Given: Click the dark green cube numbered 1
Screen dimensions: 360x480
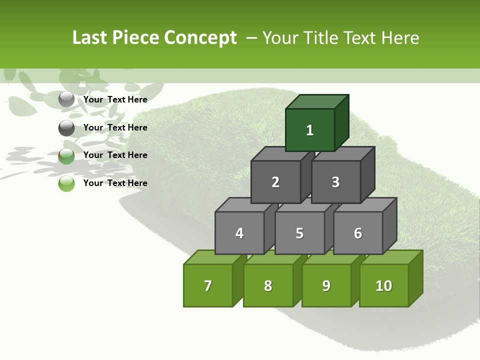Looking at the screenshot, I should click(310, 130).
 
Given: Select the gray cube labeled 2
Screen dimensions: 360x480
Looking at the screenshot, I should click(275, 182).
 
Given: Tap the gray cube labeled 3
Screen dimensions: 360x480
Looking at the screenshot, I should click(335, 182).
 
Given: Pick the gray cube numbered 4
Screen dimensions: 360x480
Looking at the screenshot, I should click(239, 233).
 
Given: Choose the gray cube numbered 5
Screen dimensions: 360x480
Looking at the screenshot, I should click(299, 233).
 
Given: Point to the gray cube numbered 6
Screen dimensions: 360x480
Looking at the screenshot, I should click(357, 233).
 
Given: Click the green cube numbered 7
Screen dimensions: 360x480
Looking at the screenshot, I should click(208, 285).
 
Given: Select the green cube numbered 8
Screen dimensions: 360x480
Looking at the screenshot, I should click(268, 285).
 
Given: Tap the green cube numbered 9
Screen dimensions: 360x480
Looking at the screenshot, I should click(326, 285).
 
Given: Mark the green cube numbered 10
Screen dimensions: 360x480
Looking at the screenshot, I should click(383, 285).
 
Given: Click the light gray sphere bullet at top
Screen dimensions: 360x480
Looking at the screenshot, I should click(66, 99).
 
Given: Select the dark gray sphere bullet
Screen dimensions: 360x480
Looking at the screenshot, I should click(66, 128).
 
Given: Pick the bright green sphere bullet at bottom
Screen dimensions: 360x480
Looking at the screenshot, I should click(66, 183).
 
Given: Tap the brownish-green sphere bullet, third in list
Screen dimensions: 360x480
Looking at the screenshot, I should click(66, 156).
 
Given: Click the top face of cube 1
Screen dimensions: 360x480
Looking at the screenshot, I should click(317, 101).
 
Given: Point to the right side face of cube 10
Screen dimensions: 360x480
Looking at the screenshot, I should click(415, 278).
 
